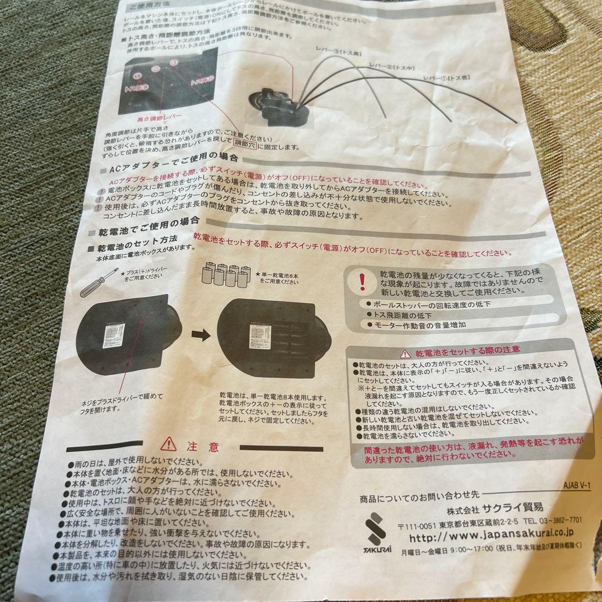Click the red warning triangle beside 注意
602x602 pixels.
click(168, 444)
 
